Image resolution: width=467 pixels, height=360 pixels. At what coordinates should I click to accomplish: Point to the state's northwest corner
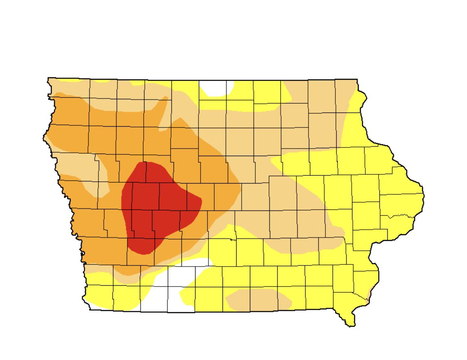49,78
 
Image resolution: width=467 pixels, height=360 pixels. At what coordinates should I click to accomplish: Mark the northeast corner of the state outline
357,79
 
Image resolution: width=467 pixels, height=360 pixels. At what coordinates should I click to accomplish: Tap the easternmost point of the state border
423,195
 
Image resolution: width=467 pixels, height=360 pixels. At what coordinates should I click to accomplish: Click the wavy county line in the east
399,216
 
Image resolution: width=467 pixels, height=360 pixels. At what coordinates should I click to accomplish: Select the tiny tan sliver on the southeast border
369,296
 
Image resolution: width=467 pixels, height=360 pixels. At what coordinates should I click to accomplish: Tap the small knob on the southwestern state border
83,253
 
